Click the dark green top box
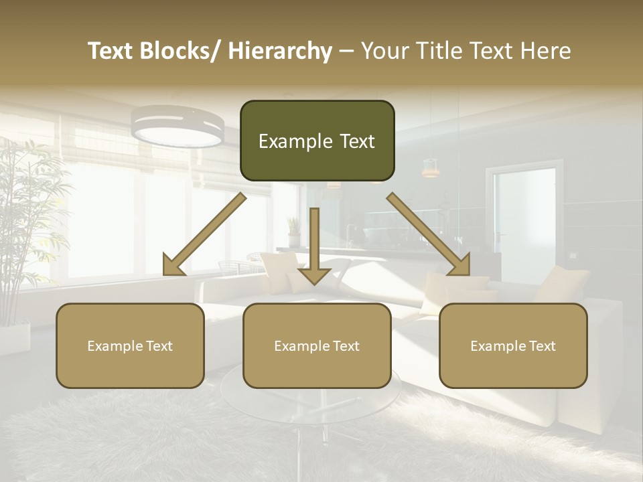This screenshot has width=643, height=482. (x=317, y=141)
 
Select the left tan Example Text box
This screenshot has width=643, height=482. (x=130, y=345)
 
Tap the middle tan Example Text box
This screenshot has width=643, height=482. (x=317, y=345)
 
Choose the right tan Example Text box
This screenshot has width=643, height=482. (x=513, y=345)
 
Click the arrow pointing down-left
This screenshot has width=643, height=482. (x=204, y=234)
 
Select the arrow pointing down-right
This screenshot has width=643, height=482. (x=429, y=234)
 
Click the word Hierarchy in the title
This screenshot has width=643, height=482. (x=279, y=52)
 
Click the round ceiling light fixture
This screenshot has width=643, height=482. (x=177, y=127)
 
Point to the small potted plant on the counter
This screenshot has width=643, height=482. (x=293, y=231)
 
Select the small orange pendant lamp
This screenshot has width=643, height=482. (x=430, y=168)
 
